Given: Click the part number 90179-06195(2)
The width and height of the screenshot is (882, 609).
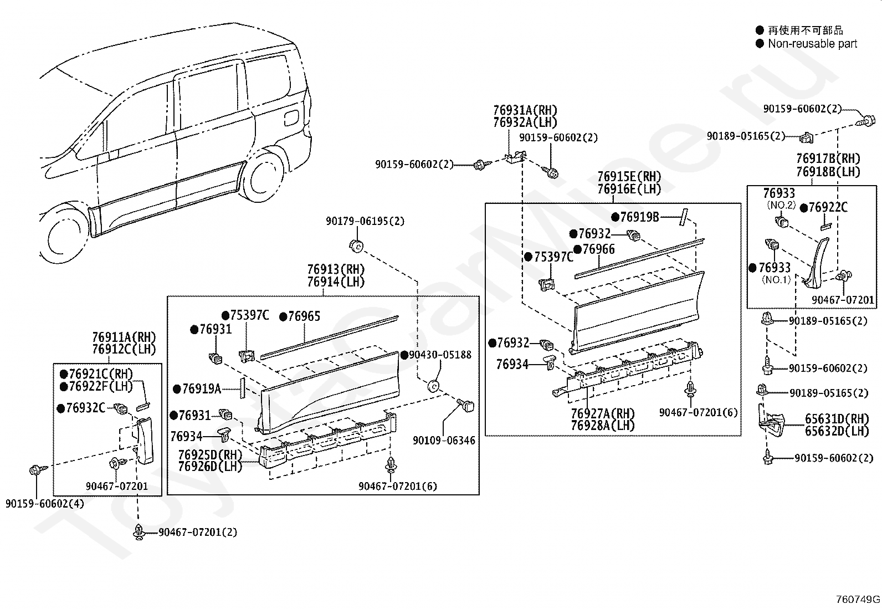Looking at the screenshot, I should (x=365, y=221).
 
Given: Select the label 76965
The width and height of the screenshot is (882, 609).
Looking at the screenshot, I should (x=304, y=316).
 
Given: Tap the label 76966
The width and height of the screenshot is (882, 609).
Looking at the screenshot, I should (x=598, y=249).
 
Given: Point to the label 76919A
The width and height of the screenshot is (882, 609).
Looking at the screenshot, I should (x=201, y=389).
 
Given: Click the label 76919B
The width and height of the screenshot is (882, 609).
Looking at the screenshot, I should (x=639, y=217).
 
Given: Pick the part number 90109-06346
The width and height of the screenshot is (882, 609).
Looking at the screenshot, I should (x=444, y=441).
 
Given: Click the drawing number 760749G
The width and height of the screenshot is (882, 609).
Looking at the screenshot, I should (x=858, y=599).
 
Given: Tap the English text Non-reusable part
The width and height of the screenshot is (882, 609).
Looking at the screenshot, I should (x=812, y=44).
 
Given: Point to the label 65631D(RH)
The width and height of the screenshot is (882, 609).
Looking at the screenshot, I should (x=837, y=419).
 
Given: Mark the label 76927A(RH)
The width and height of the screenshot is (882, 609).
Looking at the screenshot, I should (x=603, y=413).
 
